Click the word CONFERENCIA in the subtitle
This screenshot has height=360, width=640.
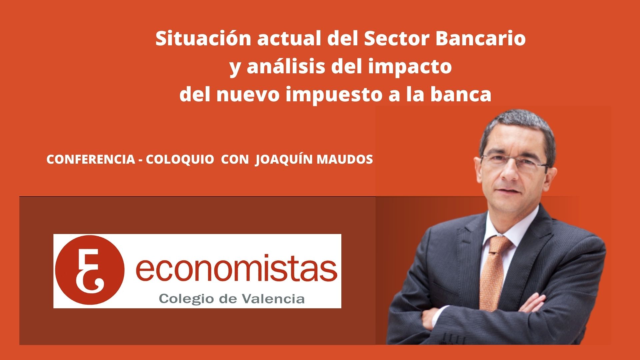(90, 160)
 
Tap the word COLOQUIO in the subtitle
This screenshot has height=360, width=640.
(180, 160)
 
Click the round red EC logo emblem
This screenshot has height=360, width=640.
(90, 270)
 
